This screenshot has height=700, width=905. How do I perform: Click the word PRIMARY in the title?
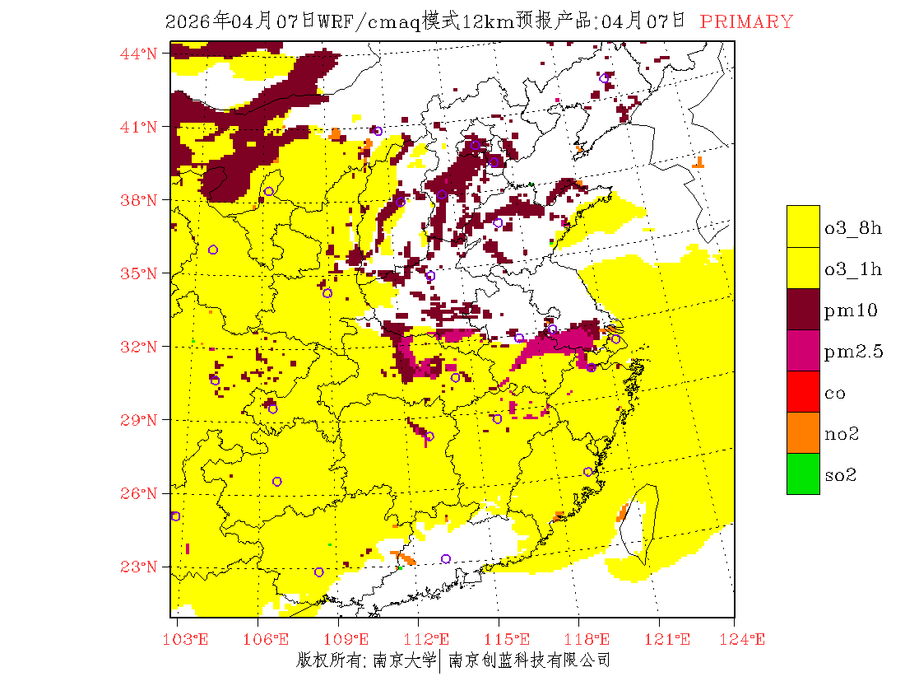coord(747,22)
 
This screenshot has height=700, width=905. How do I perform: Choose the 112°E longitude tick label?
coord(432,640)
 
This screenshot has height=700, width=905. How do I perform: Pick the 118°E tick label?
coord(592,640)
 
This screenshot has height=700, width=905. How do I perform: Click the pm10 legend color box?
coord(803,310)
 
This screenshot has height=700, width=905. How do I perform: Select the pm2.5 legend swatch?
coord(803,351)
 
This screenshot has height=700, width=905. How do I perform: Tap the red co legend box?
coord(803,392)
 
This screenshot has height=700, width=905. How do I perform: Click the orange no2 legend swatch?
coord(803,433)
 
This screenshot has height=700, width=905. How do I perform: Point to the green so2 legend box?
coord(803,474)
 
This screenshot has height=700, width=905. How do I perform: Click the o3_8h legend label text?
coord(853,228)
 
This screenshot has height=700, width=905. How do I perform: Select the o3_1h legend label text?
coord(853,269)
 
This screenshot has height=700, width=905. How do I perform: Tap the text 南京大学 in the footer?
coord(404,660)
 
